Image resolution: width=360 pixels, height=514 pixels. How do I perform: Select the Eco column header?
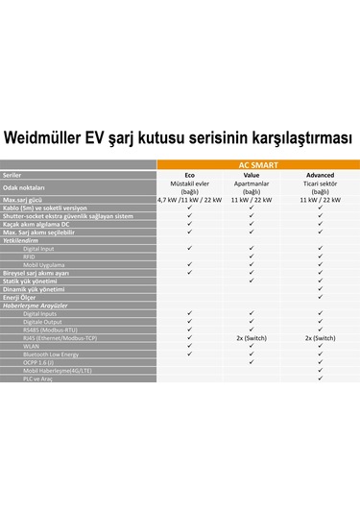point(189,176)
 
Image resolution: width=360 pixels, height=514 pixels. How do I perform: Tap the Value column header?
point(252,176)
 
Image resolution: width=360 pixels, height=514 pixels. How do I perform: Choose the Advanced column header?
point(321,176)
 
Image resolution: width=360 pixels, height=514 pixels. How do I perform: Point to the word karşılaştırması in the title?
point(296,137)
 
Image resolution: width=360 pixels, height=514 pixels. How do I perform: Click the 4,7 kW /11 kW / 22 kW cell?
point(189,199)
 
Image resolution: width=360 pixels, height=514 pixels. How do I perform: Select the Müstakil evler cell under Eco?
point(189,183)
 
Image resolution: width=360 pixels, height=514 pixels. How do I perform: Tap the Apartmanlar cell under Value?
point(252,183)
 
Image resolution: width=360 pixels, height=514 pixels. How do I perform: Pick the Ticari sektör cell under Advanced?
point(321,183)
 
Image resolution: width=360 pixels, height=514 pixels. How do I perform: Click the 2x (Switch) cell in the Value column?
point(252,338)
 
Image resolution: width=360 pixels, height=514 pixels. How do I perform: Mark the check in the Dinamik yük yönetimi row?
point(321,288)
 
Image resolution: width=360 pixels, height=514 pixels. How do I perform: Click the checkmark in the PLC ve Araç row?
point(321,380)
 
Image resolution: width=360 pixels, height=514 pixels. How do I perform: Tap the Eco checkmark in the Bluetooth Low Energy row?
point(189,355)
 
